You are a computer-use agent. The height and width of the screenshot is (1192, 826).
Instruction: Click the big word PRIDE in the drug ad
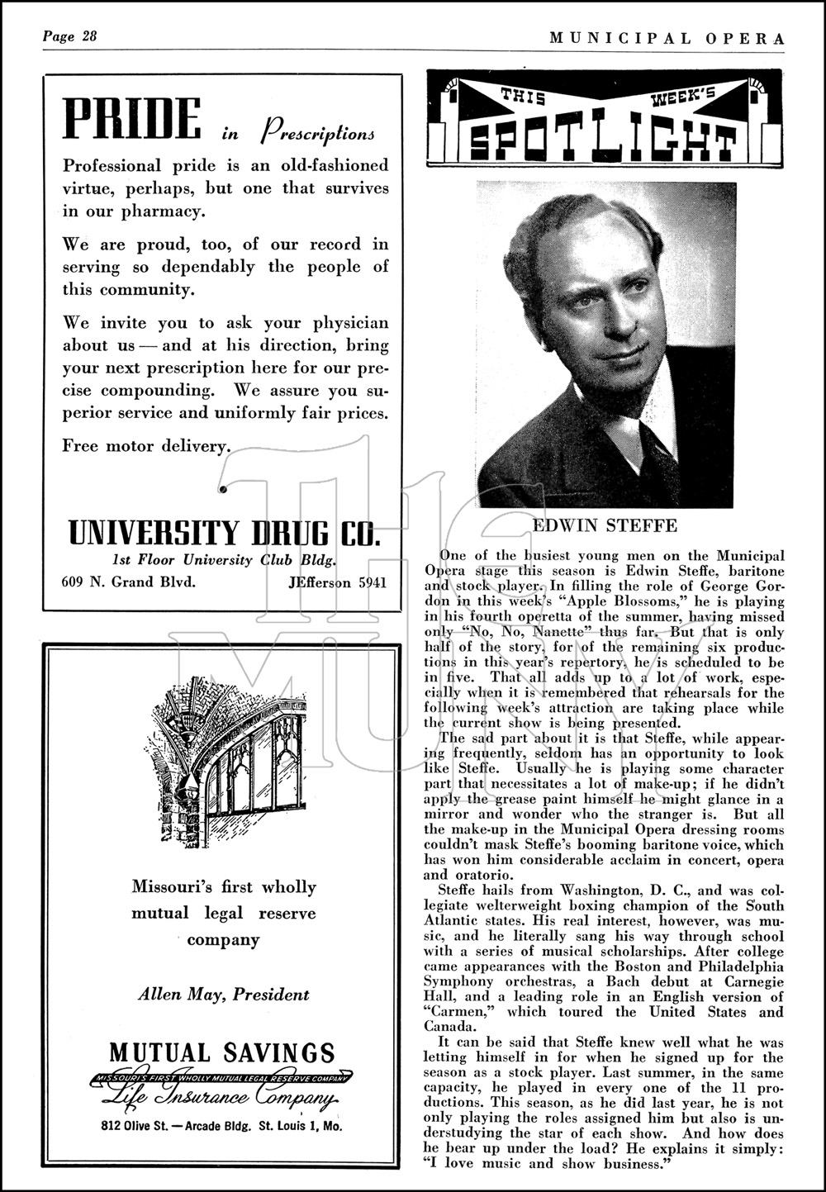coord(132,120)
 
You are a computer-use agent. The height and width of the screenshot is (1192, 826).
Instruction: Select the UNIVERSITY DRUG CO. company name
coord(224,533)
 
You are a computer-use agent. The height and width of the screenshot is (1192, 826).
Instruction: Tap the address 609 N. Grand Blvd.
coord(129,582)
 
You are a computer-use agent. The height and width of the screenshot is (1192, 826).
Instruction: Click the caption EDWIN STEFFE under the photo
coord(605,525)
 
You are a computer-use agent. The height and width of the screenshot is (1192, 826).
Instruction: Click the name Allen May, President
coord(223,995)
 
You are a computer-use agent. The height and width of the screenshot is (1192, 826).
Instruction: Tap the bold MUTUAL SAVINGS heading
coord(223,1052)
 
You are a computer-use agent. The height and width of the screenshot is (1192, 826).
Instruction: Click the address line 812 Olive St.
coord(223,1125)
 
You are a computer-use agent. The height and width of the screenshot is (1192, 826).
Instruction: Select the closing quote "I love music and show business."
coord(545,1164)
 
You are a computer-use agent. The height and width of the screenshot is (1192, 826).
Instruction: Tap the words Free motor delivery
coord(145,446)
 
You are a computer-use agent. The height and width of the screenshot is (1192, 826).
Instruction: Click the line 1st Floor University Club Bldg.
coord(224,560)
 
